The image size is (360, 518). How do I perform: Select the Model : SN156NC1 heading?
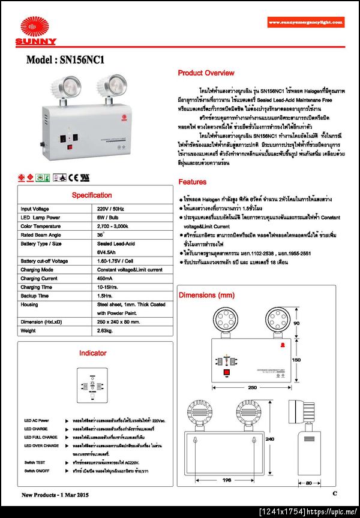click(65, 60)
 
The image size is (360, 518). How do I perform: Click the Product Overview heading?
click(206, 73)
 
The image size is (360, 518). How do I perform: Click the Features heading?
click(192, 182)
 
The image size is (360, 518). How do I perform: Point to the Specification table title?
click(92, 195)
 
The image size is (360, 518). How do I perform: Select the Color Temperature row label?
click(43, 226)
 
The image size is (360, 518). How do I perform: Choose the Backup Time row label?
click(34, 296)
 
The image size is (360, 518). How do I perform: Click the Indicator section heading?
click(92, 353)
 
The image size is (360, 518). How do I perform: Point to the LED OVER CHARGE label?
click(41, 445)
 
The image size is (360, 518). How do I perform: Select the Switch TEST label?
click(35, 463)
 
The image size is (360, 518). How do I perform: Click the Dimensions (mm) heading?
click(206, 296)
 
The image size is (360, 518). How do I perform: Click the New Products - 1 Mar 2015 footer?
click(55, 495)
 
